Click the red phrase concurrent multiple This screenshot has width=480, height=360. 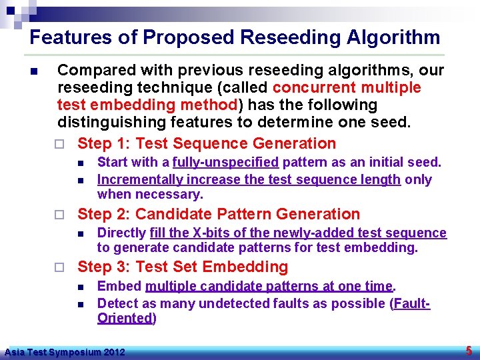[x=347, y=88]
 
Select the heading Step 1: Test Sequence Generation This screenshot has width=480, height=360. [x=207, y=143]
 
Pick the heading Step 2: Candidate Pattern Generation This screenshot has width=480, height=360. [x=219, y=214]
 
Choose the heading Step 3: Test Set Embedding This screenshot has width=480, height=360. [x=183, y=267]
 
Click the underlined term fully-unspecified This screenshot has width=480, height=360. [x=225, y=162]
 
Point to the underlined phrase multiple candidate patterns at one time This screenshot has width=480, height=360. [x=269, y=286]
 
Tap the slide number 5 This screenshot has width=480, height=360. [x=469, y=351]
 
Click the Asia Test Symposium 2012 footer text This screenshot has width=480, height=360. [x=64, y=351]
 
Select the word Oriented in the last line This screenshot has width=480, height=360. [x=125, y=318]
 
